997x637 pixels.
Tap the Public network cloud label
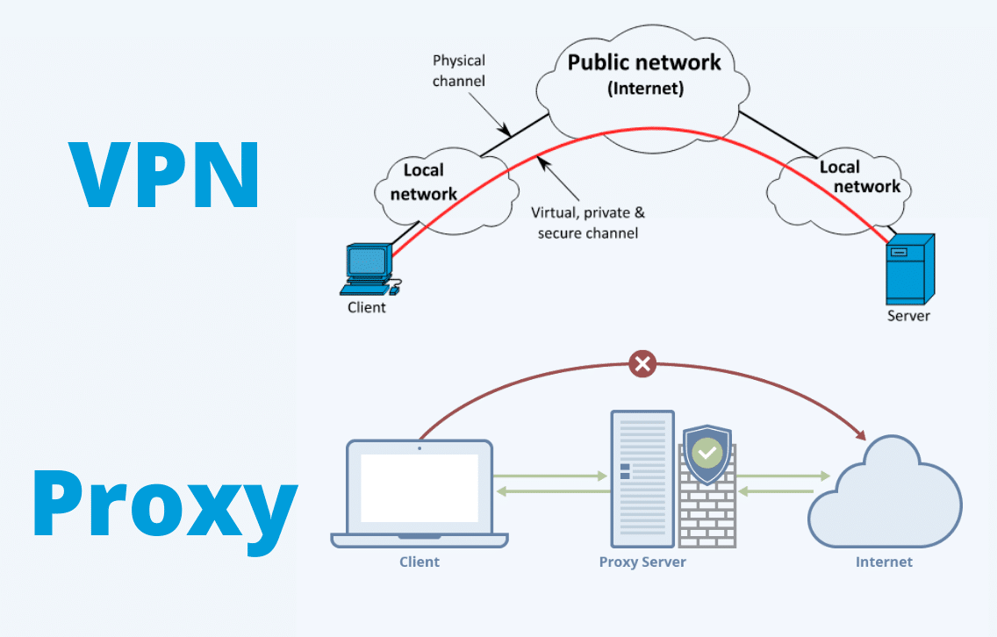pyautogui.click(x=643, y=62)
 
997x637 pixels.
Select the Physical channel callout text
pyautogui.click(x=459, y=70)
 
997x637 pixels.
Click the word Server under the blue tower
pyautogui.click(x=908, y=316)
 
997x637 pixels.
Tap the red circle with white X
pyautogui.click(x=643, y=363)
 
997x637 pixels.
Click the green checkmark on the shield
pyautogui.click(x=707, y=453)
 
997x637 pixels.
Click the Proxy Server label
pyautogui.click(x=642, y=562)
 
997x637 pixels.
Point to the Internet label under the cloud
pyautogui.click(x=884, y=562)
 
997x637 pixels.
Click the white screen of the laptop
pyautogui.click(x=420, y=488)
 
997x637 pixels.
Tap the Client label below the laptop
pyautogui.click(x=420, y=562)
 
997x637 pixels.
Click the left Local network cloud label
pyautogui.click(x=424, y=182)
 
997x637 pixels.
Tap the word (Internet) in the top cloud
pyautogui.click(x=645, y=89)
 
